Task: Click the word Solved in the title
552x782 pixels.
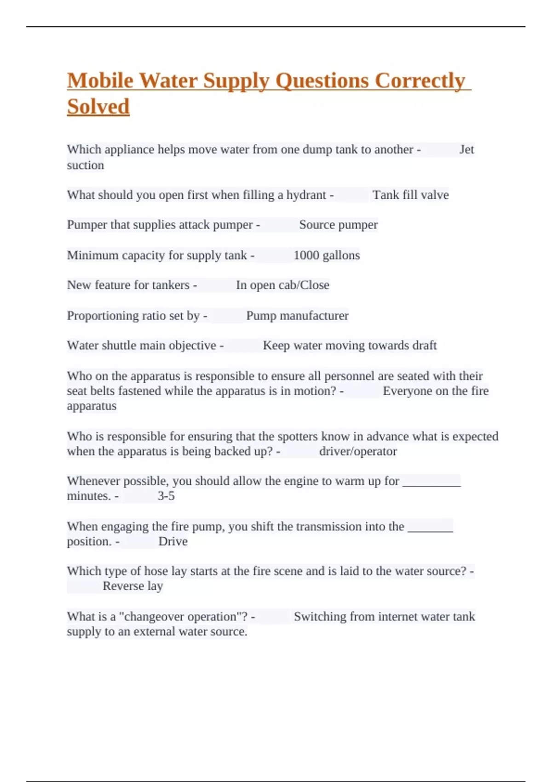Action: point(98,107)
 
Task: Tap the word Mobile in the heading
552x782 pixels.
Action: point(100,81)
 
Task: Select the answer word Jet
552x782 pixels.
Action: point(466,149)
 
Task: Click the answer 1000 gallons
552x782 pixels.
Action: point(327,255)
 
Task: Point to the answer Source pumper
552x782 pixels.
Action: point(338,225)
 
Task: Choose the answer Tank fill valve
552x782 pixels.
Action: point(410,195)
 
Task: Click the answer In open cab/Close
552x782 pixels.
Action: point(282,285)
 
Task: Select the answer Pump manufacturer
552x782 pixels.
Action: point(297,316)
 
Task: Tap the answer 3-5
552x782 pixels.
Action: point(166,496)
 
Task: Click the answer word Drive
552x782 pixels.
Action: point(173,541)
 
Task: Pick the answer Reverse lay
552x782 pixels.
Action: point(133,586)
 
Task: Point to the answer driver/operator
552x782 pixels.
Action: point(358,451)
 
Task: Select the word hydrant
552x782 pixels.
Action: point(306,195)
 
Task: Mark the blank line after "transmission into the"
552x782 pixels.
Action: point(431,528)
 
